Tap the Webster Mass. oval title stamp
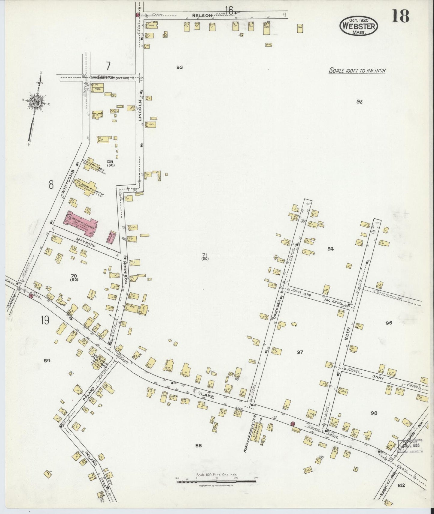359,26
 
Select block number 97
300,352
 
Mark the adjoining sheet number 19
45,321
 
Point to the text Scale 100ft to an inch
357,71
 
